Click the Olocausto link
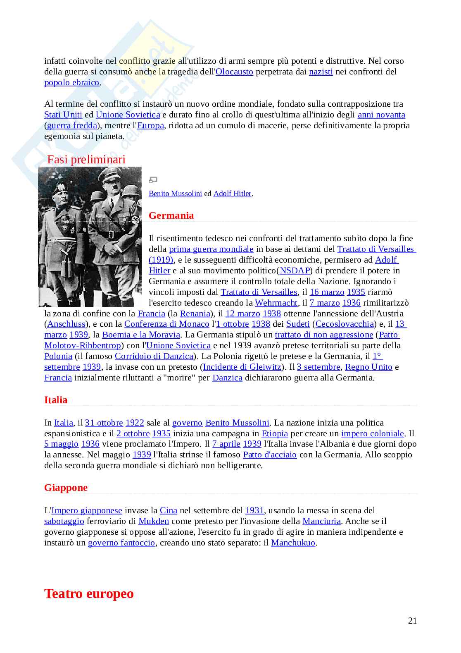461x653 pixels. tap(234, 72)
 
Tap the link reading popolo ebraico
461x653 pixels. tap(71, 82)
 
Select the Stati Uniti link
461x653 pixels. tap(63, 115)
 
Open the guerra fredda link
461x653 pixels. tap(72, 125)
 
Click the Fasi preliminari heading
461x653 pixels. tap(86, 159)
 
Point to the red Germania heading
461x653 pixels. tap(171, 215)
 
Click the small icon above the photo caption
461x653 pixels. tap(153, 180)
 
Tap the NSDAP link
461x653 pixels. tap(295, 270)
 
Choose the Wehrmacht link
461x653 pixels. tap(276, 303)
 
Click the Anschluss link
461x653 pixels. tap(67, 324)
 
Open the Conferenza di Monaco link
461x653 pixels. tap(166, 324)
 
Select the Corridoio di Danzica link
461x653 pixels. tap(154, 356)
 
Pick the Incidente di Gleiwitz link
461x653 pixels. tap(242, 367)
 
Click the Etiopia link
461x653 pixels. tap(275, 433)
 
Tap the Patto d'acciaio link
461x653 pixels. tap(270, 454)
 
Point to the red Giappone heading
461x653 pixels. tap(66, 488)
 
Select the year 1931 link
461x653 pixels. tap(254, 510)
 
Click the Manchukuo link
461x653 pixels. tap(293, 543)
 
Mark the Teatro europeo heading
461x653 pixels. tap(89, 593)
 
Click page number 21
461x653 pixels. tap(412, 620)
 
